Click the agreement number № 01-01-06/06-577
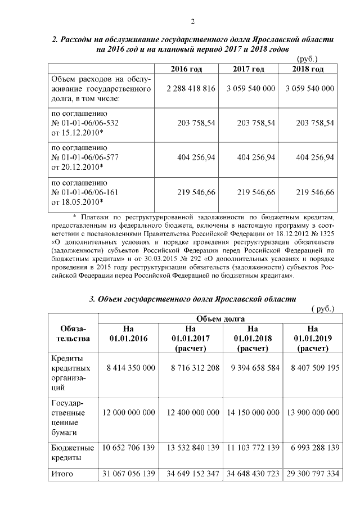click(x=85, y=157)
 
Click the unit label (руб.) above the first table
click(x=307, y=58)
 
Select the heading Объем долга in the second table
click(x=220, y=318)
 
